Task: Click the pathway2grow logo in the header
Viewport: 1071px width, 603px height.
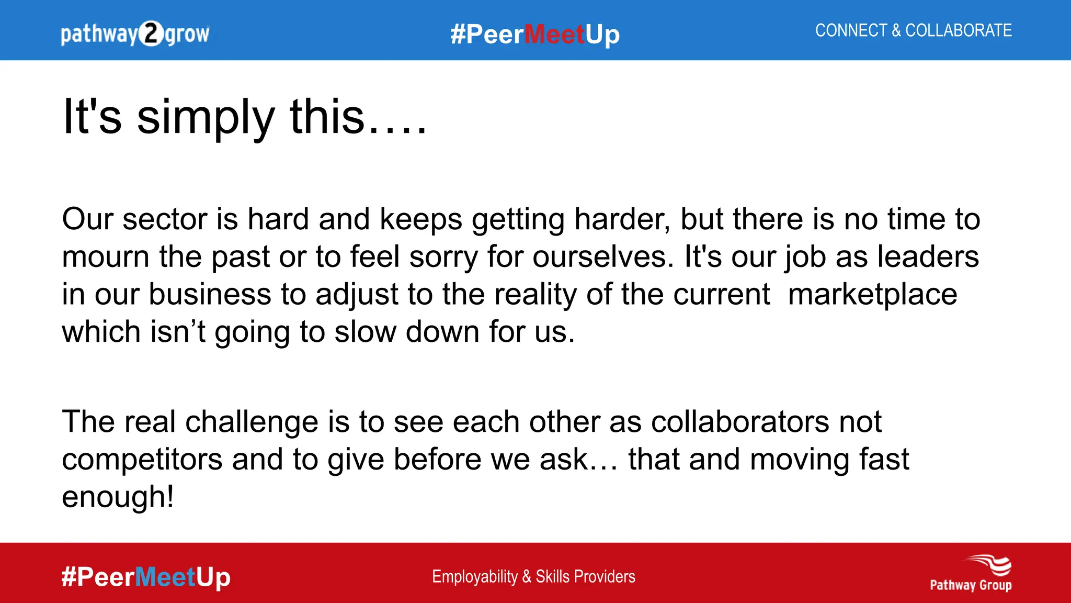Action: click(x=135, y=34)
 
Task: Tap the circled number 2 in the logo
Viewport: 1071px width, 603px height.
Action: click(x=151, y=34)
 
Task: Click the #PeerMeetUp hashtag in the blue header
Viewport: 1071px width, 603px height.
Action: click(x=535, y=35)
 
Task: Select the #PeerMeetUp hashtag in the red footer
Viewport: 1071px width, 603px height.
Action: click(x=145, y=577)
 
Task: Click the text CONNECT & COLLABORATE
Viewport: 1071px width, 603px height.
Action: click(x=913, y=30)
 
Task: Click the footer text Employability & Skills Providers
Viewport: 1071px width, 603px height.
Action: click(x=533, y=576)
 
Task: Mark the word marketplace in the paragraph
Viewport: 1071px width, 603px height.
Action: click(x=872, y=294)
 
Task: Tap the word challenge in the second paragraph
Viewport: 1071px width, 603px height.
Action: click(x=252, y=422)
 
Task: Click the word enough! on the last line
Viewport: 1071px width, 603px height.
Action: click(x=118, y=497)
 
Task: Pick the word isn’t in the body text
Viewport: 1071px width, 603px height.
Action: click(x=178, y=332)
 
